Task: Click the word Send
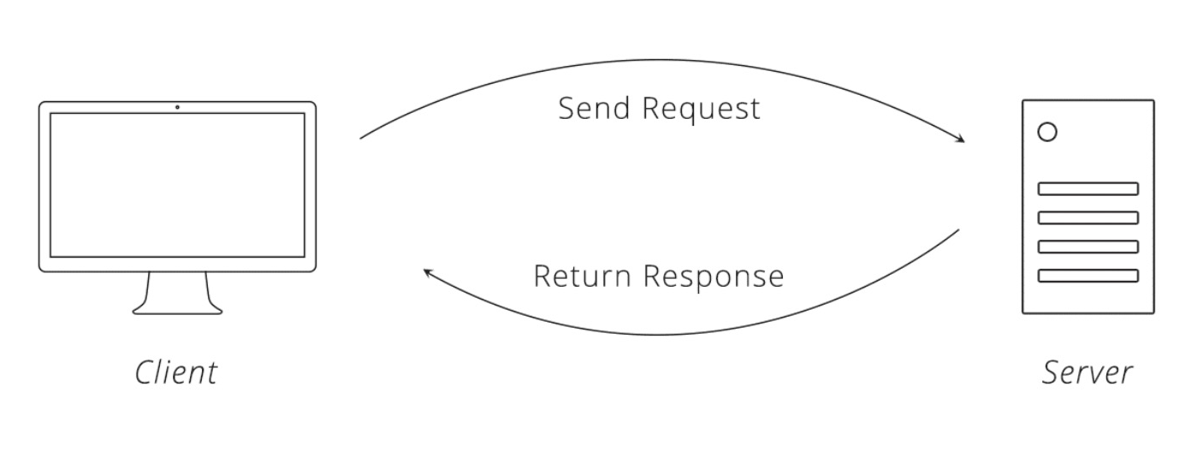tap(594, 108)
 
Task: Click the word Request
tap(702, 110)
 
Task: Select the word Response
tap(714, 277)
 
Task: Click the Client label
tap(176, 372)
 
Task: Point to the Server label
tap(1087, 372)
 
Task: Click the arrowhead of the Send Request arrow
tap(960, 140)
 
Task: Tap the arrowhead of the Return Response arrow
tap(428, 273)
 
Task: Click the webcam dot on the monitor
tap(177, 107)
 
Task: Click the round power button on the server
tap(1047, 132)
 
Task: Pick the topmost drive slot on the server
tap(1087, 189)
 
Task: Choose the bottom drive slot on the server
tap(1087, 276)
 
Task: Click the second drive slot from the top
tap(1087, 217)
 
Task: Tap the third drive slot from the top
tap(1087, 247)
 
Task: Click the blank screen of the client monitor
tap(177, 185)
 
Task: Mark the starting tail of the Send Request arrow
tap(361, 139)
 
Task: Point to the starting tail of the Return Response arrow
tap(958, 230)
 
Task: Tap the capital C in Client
tap(145, 372)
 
